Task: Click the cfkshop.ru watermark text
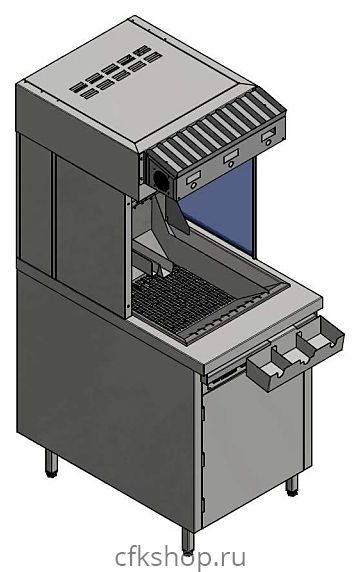coord(180,558)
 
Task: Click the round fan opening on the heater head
coord(162,181)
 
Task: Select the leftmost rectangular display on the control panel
coord(193,178)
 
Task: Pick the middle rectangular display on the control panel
coord(231,156)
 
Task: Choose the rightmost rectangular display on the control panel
coord(268,135)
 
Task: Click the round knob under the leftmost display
coord(193,186)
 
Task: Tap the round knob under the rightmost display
coord(268,143)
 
